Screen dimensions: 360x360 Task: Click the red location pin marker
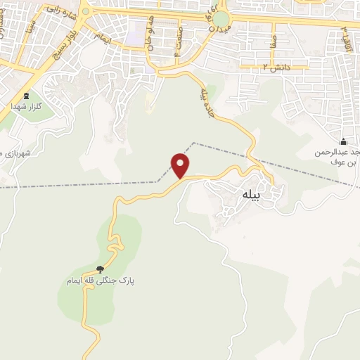coord(181,165)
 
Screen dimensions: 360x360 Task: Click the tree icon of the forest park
coord(99,269)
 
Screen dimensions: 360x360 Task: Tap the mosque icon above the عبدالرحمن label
coord(342,141)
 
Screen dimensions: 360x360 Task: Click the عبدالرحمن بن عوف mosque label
coord(339,156)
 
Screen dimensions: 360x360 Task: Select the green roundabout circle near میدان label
coord(221,19)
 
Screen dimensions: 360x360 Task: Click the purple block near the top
coord(136,30)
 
